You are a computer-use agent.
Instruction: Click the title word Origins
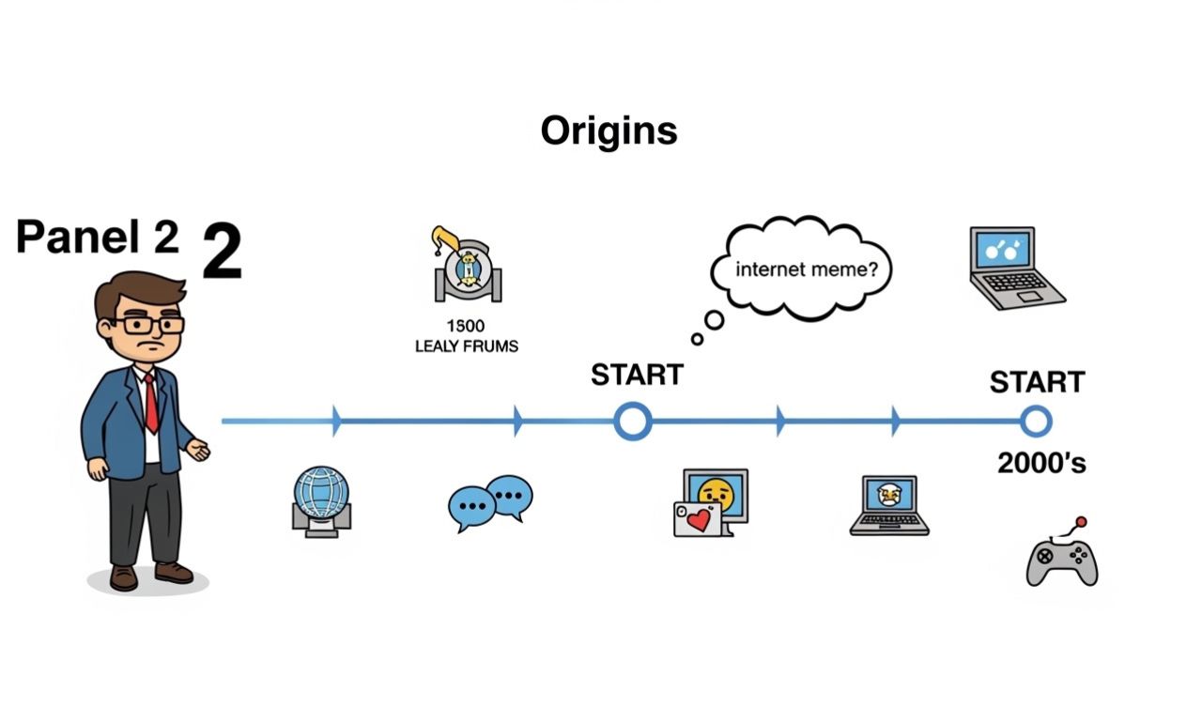coord(609,131)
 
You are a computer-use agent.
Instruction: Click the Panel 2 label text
coord(97,238)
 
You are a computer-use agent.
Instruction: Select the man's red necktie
coord(150,403)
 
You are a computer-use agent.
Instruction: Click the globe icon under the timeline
coord(321,500)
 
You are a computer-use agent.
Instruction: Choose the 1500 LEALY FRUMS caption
coord(467,336)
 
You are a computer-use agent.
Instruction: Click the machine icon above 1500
coord(467,266)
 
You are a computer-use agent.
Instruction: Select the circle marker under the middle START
coord(633,422)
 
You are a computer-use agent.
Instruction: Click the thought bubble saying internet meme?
coord(800,269)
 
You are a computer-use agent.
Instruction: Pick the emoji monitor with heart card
coord(711,502)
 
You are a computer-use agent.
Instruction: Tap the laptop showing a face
coord(889,505)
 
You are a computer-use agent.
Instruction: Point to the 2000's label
coord(1041,462)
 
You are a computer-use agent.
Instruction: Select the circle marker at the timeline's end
coord(1036,422)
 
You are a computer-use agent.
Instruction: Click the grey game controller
coord(1062,560)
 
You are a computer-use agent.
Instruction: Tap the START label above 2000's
coord(1037,382)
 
